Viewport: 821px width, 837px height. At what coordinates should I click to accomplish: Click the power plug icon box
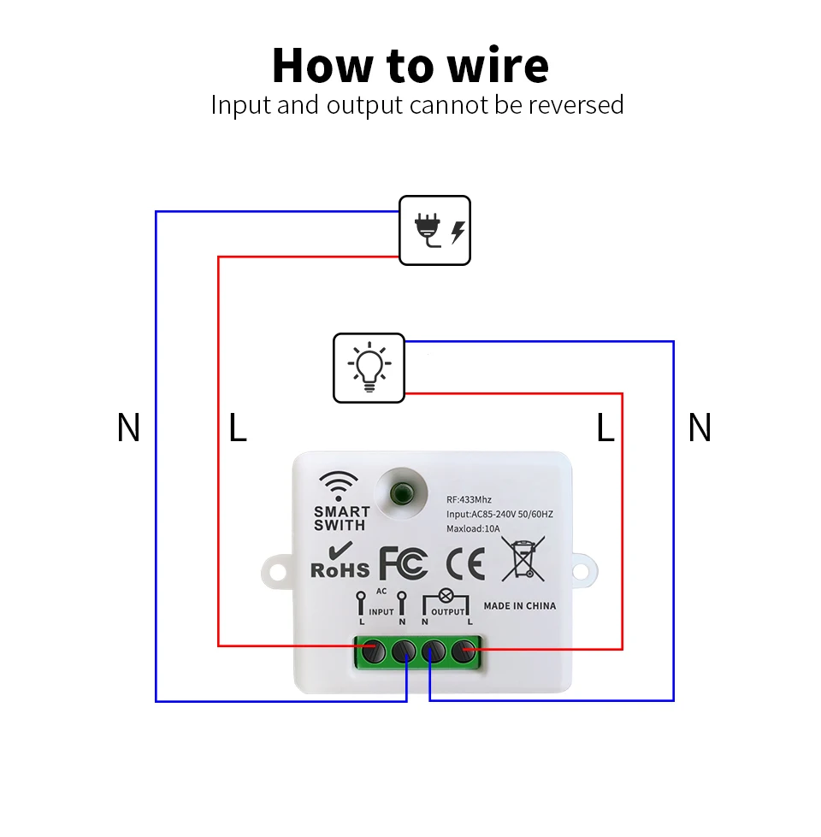coord(434,230)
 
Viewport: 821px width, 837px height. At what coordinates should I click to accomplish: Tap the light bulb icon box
coord(369,368)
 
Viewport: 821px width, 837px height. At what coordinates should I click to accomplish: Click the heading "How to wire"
coord(410,65)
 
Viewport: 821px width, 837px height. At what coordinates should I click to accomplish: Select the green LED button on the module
coord(401,493)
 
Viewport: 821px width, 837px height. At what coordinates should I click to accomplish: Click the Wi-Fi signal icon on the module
coord(339,486)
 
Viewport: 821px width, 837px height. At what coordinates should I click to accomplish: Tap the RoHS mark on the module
coord(340,561)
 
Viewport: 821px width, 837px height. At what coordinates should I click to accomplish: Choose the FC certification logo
coord(404,563)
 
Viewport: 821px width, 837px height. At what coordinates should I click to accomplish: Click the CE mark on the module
coord(465,563)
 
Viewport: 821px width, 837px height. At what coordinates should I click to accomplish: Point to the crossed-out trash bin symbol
coord(523,559)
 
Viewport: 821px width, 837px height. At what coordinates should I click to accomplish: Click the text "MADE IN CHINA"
coord(520,606)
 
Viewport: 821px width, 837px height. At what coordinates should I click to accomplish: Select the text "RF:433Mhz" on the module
coord(469,499)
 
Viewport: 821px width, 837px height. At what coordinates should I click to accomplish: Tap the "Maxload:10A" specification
coord(473,528)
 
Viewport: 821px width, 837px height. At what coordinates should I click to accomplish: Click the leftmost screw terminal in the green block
coord(373,651)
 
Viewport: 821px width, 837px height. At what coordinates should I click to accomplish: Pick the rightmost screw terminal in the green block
coord(464,651)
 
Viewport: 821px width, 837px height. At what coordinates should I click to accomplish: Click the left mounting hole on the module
coord(278,572)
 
